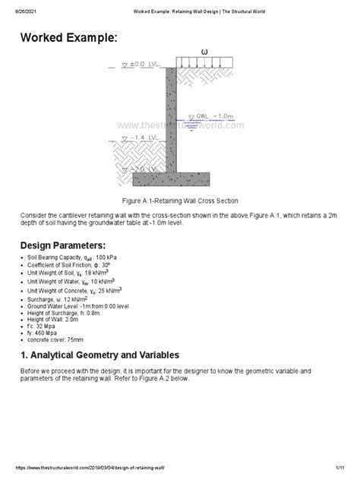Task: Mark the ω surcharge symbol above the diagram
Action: [x=204, y=52]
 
